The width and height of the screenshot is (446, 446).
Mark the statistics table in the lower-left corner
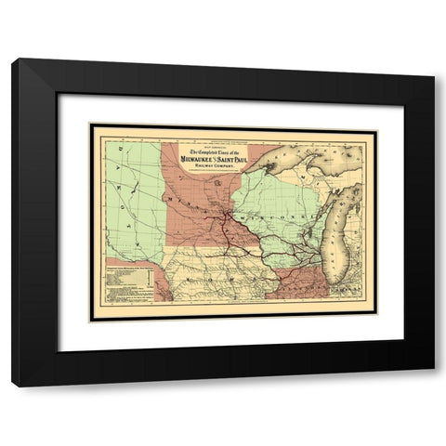coord(127,284)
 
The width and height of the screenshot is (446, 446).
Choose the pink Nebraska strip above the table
coord(130,262)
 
